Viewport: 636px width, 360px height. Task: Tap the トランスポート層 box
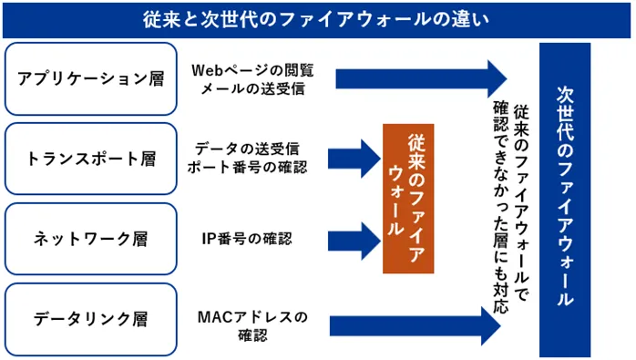90,159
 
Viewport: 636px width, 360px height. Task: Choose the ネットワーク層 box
90,239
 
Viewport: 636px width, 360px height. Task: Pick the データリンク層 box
90,319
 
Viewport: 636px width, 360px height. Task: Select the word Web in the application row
208,69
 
